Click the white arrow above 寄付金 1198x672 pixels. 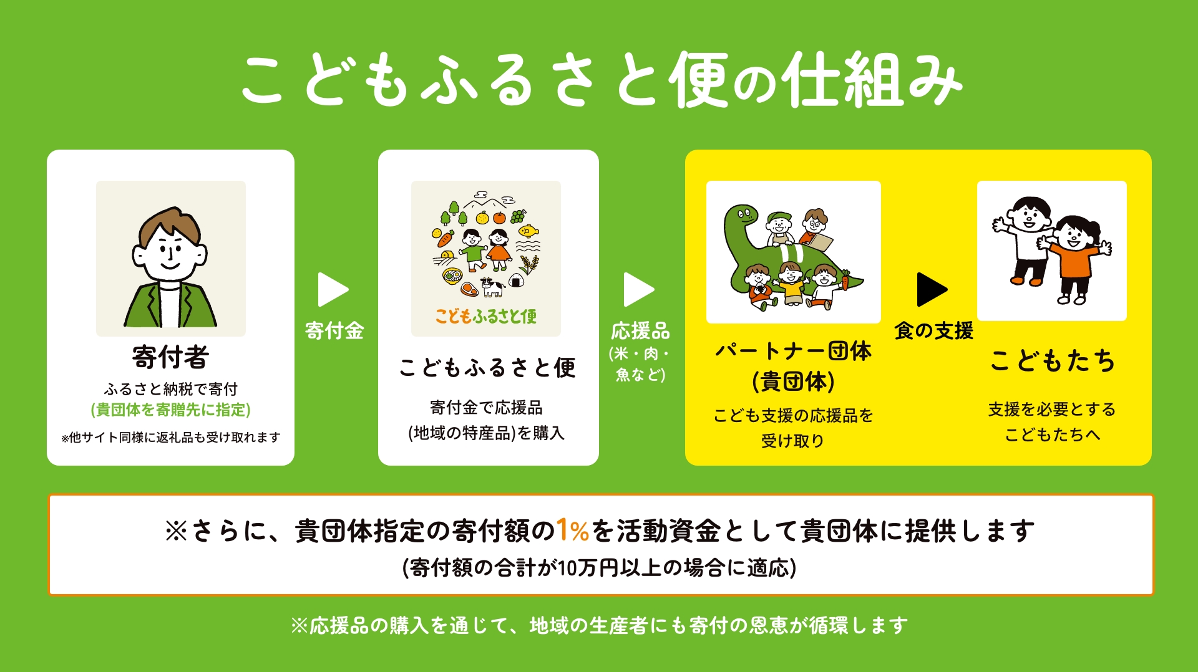[332, 289]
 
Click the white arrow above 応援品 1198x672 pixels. [638, 289]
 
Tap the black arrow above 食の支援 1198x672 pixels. [931, 289]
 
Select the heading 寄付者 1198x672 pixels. [170, 357]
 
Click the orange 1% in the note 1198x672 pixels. [572, 530]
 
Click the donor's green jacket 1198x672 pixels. [170, 305]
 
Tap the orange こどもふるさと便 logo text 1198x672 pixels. [485, 317]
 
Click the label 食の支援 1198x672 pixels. [933, 330]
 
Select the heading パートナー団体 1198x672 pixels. [793, 351]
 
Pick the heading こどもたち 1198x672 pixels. [1053, 361]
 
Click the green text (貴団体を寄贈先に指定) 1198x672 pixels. [170, 410]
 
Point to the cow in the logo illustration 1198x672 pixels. [492, 286]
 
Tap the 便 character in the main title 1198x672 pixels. [699, 80]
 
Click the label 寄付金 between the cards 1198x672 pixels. [334, 330]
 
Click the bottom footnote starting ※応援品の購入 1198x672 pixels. [599, 625]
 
